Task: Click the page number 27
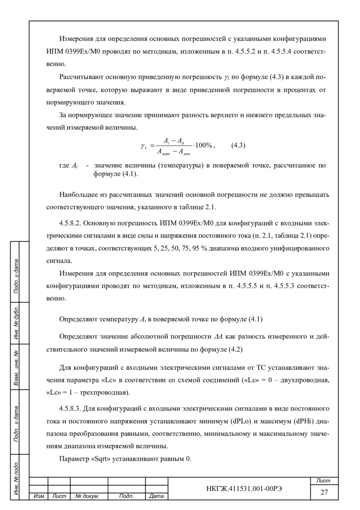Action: click(x=324, y=492)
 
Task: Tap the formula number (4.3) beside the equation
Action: click(x=238, y=145)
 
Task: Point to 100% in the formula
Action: click(x=206, y=145)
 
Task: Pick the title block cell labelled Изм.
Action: click(x=39, y=496)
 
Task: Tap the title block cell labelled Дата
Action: click(x=156, y=496)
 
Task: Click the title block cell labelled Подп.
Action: click(x=126, y=496)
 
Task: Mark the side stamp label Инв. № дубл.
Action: click(x=16, y=323)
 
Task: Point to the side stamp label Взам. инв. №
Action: click(x=16, y=367)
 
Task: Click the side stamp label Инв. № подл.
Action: click(x=16, y=476)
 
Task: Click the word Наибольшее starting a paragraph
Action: click(x=78, y=195)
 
